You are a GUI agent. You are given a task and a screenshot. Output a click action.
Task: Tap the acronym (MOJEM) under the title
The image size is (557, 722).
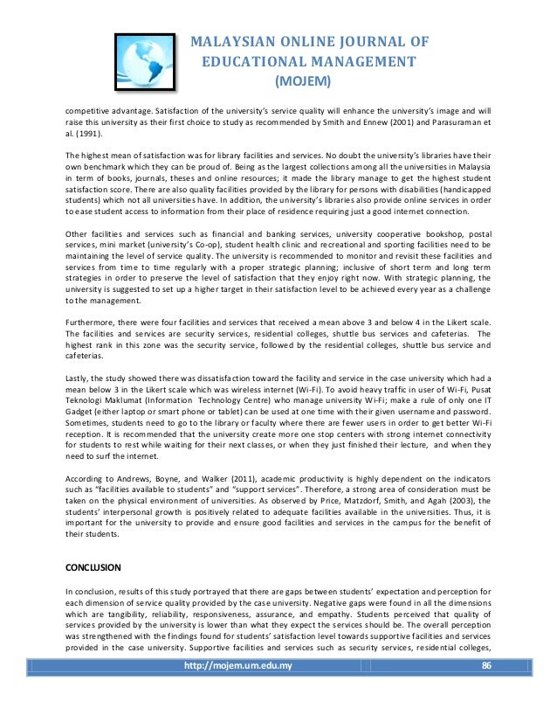[302, 82]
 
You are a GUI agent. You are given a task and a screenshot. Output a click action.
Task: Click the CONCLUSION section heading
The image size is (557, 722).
[96, 566]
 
